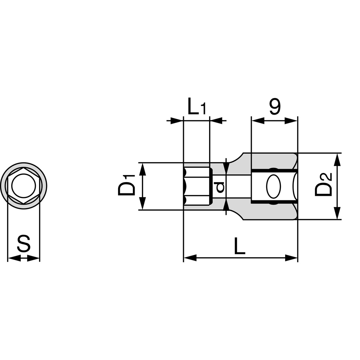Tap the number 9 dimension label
[275, 107]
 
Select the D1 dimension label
[126, 185]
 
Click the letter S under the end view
[24, 243]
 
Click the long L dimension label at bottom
[239, 246]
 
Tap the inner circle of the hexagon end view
[24, 186]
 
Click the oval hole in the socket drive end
[274, 186]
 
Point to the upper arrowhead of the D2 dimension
[337, 160]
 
